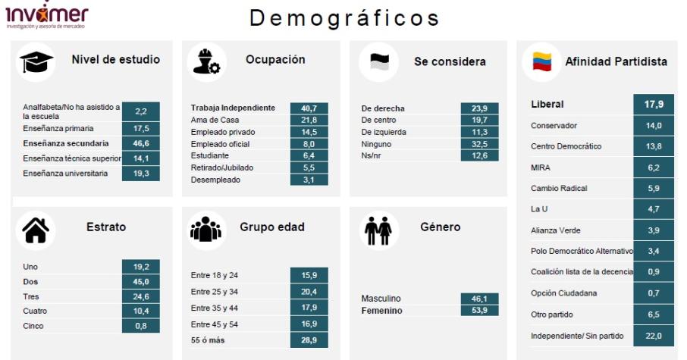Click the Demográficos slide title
pos(344,18)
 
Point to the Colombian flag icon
pos(541,62)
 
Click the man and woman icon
pos(378,230)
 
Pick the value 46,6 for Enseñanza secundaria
pos(140,142)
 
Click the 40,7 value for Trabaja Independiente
pos(309,108)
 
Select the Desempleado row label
pos(215,180)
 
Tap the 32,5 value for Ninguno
pos(479,144)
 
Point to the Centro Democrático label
pos(566,146)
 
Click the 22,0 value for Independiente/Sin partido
pos(653,336)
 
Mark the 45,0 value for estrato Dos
pos(140,282)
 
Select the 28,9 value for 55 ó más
pos(309,341)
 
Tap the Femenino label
pos(381,311)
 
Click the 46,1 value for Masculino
pos(479,299)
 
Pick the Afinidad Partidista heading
pos(616,62)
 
